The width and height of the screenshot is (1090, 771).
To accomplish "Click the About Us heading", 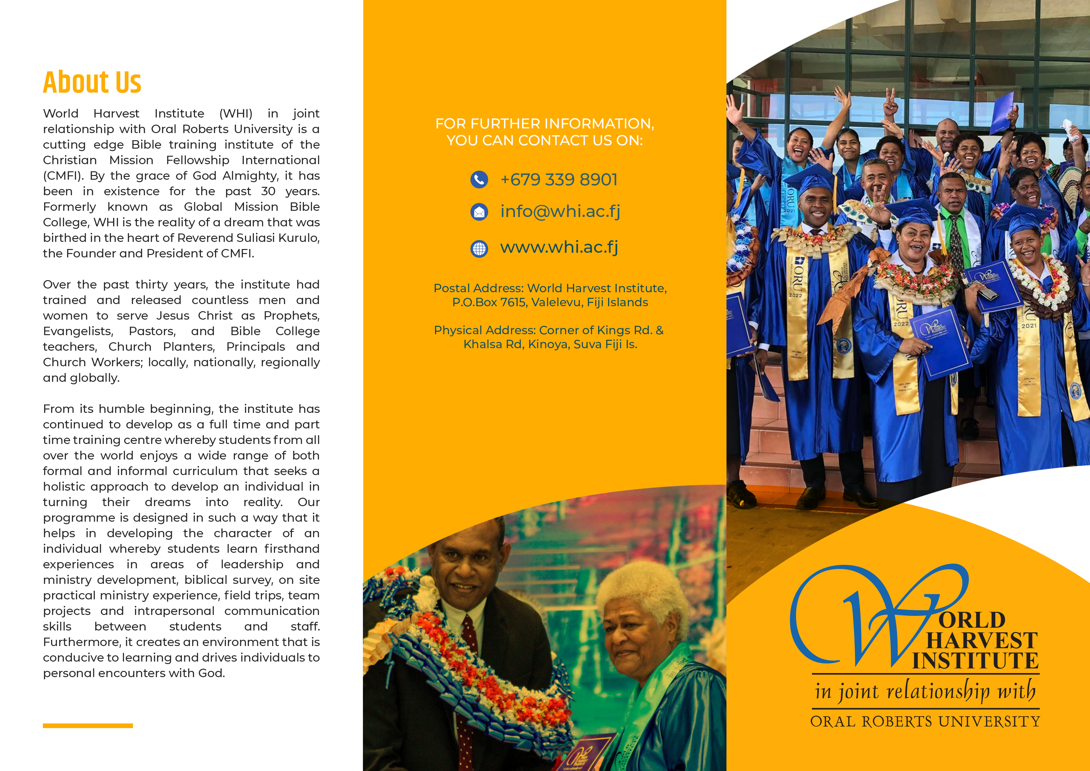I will [92, 82].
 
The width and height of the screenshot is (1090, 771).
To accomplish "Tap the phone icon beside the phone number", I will [479, 180].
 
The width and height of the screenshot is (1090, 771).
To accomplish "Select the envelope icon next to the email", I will [479, 212].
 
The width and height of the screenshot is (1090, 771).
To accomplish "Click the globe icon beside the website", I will [479, 248].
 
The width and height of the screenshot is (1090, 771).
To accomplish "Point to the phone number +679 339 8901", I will [559, 180].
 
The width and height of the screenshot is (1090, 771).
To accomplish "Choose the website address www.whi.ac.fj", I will [559, 247].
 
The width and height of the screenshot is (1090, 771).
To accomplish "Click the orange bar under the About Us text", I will [88, 725].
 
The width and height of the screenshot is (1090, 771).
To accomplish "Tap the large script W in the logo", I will [878, 617].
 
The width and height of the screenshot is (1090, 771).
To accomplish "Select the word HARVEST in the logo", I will [982, 640].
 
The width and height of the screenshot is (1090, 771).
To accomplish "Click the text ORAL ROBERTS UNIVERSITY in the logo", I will [925, 722].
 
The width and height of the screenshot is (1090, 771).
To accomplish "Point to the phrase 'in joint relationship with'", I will [925, 691].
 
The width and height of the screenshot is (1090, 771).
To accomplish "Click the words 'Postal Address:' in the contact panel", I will [479, 289].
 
